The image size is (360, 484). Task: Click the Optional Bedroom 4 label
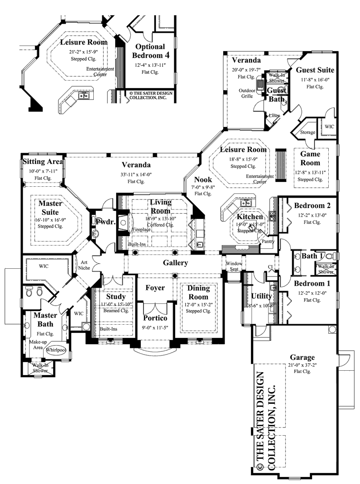[x=150, y=51]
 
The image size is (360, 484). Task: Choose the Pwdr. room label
[x=103, y=221]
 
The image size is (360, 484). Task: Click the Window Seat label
[x=234, y=266]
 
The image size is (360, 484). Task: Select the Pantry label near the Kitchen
[x=268, y=241]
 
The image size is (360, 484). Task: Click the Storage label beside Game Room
[x=307, y=132]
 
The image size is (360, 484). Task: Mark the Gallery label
[x=176, y=263]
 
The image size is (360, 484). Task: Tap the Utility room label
[x=261, y=296]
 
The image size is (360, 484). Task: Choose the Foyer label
[x=155, y=288]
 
